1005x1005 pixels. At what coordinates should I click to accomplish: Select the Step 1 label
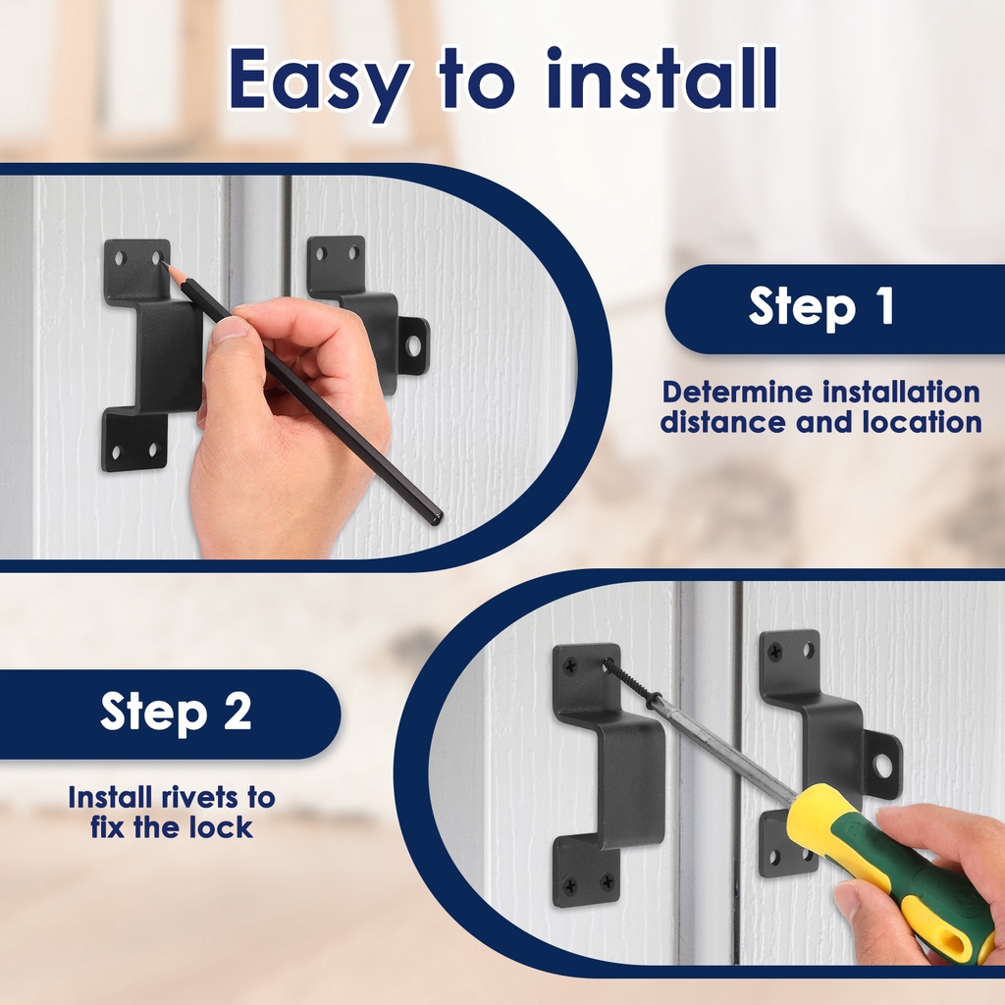tap(821, 306)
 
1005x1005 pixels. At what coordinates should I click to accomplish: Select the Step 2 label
tap(176, 711)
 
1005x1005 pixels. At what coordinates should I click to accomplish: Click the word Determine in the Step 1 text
tap(737, 392)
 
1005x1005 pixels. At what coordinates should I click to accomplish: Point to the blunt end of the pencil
tap(437, 516)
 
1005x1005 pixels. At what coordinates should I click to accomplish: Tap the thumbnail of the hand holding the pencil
tap(230, 330)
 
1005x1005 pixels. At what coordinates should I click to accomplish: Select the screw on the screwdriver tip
tap(631, 683)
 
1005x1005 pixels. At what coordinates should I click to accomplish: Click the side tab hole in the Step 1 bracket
tap(414, 346)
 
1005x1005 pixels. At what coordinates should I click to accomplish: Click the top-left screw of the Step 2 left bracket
tap(570, 667)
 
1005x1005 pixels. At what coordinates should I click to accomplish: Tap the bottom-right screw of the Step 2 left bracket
tap(606, 883)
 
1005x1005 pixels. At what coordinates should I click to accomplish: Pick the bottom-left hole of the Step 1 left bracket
tap(116, 452)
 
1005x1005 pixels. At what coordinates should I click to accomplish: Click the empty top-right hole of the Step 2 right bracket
tap(809, 651)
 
